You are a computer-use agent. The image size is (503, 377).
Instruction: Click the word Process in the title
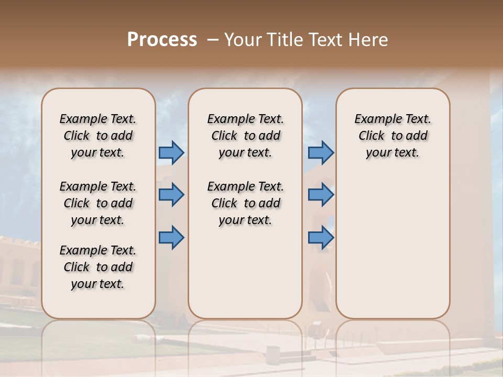click(x=162, y=39)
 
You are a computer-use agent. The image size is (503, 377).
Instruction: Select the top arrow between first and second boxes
click(x=171, y=152)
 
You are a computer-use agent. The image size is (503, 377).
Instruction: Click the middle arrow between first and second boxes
click(x=171, y=195)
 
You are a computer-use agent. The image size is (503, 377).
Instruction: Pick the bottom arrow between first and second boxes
click(x=171, y=238)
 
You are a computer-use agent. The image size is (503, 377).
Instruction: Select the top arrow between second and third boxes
click(x=321, y=152)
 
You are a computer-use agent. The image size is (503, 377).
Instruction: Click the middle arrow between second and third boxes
click(x=321, y=195)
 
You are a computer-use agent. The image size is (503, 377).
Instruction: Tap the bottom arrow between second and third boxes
click(x=321, y=238)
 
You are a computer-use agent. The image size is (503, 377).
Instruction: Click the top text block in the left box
click(x=98, y=136)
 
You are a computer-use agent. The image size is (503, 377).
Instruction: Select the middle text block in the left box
click(x=98, y=203)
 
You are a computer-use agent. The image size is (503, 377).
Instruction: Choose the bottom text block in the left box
click(x=98, y=267)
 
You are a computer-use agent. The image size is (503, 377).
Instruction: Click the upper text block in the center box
click(x=245, y=136)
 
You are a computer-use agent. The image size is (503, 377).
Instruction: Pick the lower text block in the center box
click(x=245, y=203)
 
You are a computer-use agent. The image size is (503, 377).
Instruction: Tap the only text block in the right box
click(x=392, y=136)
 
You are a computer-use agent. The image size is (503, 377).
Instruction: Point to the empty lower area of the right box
click(x=392, y=246)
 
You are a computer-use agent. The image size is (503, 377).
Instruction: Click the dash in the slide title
click(x=212, y=40)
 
